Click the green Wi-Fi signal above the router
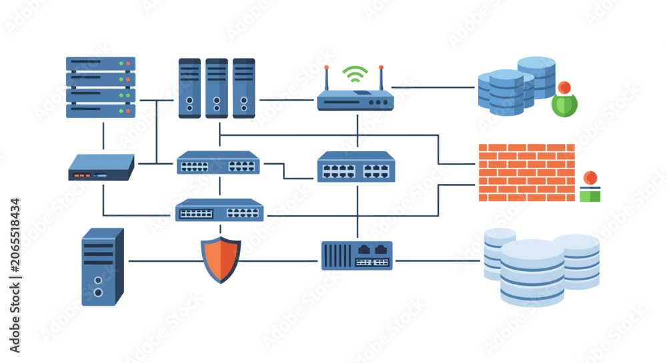pyautogui.click(x=356, y=74)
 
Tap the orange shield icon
pyautogui.click(x=221, y=259)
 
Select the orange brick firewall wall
pyautogui.click(x=527, y=173)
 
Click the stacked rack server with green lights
pyautogui.click(x=101, y=87)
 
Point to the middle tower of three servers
pyautogui.click(x=217, y=88)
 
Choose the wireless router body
pyautogui.click(x=356, y=101)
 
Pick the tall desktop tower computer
pyautogui.click(x=103, y=266)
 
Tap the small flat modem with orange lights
pyautogui.click(x=101, y=167)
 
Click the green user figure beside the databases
pyautogui.click(x=564, y=99)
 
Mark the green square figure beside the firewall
pyautogui.click(x=590, y=186)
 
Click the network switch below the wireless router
pyautogui.click(x=356, y=167)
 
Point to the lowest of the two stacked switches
pyautogui.click(x=219, y=210)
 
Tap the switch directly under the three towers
pyautogui.click(x=218, y=162)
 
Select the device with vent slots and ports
pyautogui.click(x=357, y=256)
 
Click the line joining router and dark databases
pyautogui.click(x=433, y=87)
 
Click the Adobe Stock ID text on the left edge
pyautogui.click(x=15, y=275)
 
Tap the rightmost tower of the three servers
pyautogui.click(x=243, y=88)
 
